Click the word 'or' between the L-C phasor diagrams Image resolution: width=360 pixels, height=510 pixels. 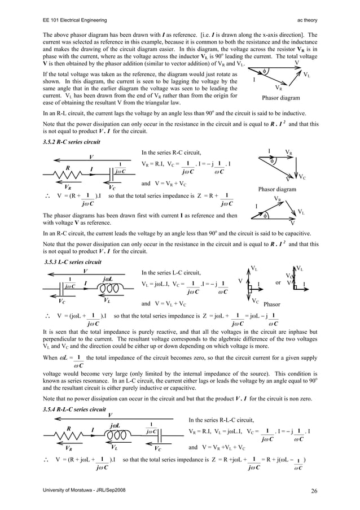(x=278, y=282)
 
